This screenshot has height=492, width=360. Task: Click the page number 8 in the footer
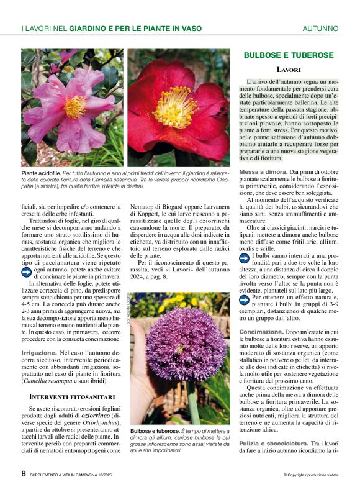pyautogui.click(x=24, y=473)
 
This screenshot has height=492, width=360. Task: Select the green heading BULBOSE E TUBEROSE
pyautogui.click(x=289, y=55)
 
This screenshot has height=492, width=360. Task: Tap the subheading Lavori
pyautogui.click(x=289, y=70)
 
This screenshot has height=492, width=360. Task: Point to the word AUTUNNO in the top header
pyautogui.click(x=320, y=29)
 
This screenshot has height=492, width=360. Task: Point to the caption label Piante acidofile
pyautogui.click(x=41, y=172)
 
